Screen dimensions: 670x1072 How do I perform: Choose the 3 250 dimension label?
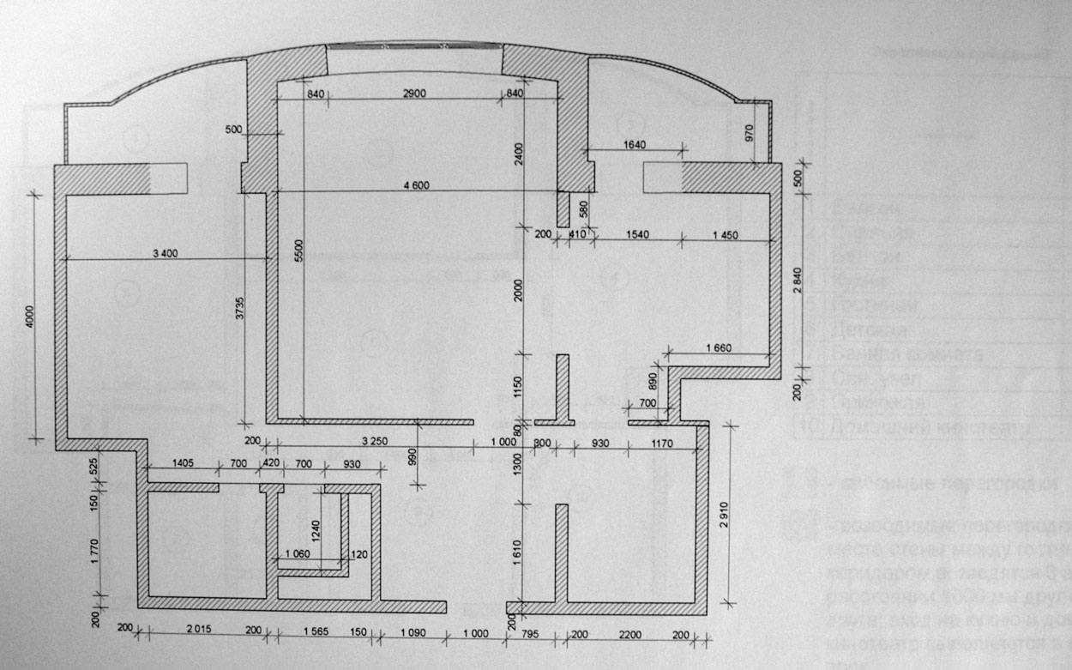click(370, 443)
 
